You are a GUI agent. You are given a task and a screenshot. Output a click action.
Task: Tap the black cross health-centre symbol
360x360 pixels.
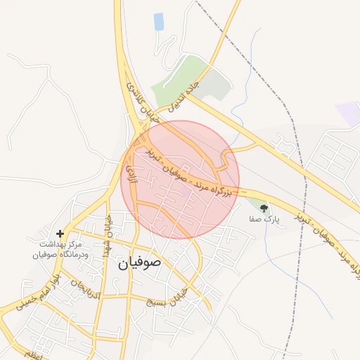coord(60,233)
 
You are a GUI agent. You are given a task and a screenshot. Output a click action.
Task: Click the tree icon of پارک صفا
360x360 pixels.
coord(264,208)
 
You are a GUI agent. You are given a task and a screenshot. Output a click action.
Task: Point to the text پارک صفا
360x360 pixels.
coord(264,219)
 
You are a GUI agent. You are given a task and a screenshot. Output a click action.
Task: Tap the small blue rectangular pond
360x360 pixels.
coord(159,22)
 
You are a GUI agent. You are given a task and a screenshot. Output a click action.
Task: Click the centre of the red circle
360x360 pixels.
coord(181,179)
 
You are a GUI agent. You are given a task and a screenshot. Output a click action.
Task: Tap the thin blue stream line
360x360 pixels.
coord(243,91)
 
